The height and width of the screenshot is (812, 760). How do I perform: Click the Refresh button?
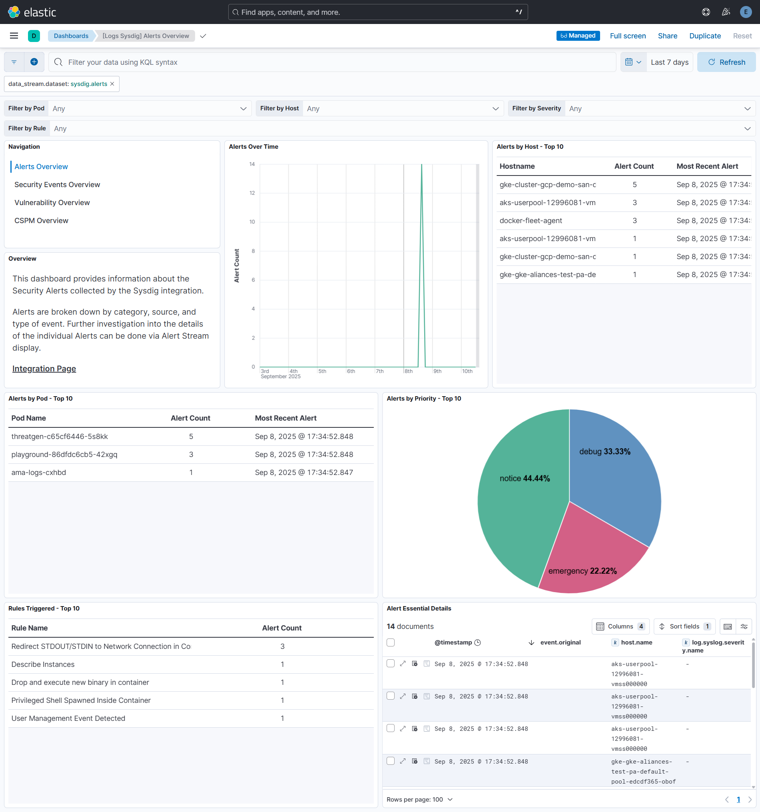pos(726,62)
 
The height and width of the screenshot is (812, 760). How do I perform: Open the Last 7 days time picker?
pos(669,62)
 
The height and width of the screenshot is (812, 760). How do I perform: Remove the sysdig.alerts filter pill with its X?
pos(112,84)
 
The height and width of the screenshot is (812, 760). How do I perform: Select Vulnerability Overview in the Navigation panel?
pos(52,203)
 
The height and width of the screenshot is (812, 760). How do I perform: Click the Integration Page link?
pos(44,369)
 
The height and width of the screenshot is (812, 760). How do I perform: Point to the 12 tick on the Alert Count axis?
pos(252,193)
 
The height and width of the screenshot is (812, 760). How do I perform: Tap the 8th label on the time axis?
pos(408,371)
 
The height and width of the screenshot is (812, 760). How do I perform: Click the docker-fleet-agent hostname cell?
pos(531,221)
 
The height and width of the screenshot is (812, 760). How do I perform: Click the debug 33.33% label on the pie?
pos(604,451)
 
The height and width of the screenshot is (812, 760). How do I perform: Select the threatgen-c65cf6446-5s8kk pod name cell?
pos(60,436)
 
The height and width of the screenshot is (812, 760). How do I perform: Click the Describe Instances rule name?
pos(43,664)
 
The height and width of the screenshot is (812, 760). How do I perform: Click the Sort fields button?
pos(684,626)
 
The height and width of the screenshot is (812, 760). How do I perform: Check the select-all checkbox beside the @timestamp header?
pos(391,642)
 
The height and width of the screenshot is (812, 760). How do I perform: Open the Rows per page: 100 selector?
pos(419,799)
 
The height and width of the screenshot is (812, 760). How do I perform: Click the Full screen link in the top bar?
pos(627,36)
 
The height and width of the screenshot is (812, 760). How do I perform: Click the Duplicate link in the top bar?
pos(704,36)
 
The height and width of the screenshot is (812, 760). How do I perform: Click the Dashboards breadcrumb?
pos(71,36)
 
